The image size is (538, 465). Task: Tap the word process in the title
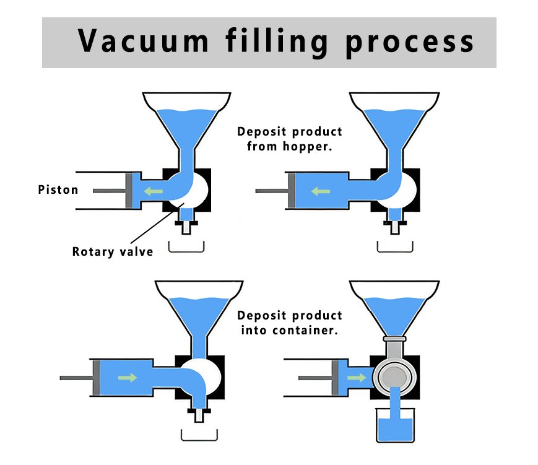pyautogui.click(x=410, y=43)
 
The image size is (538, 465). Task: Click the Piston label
pyautogui.click(x=58, y=189)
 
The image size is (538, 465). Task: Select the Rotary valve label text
pyautogui.click(x=113, y=251)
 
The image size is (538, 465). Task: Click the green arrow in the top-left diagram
pyautogui.click(x=153, y=191)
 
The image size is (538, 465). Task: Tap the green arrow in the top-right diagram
pyautogui.click(x=321, y=191)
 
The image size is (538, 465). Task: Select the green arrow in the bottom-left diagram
pyautogui.click(x=128, y=378)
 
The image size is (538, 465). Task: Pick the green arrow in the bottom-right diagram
pyautogui.click(x=357, y=378)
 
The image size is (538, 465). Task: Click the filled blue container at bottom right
pyautogui.click(x=395, y=425)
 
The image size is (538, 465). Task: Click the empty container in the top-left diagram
pyautogui.click(x=186, y=247)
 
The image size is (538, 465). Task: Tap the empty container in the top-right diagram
pyautogui.click(x=395, y=247)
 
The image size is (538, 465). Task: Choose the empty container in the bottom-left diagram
pyautogui.click(x=199, y=435)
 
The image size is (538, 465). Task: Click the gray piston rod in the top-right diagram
pyautogui.click(x=272, y=191)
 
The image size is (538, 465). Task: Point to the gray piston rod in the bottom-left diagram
pyautogui.click(x=76, y=378)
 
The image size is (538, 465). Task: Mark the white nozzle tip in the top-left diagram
pyautogui.click(x=186, y=228)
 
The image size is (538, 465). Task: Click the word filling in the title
pyautogui.click(x=277, y=42)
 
